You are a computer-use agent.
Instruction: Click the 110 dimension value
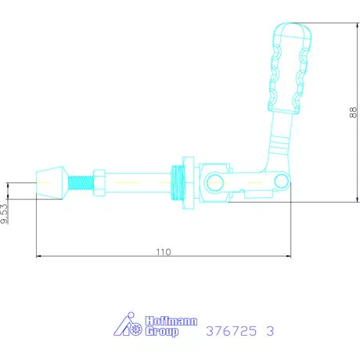tap(164, 252)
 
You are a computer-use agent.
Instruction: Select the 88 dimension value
tap(353, 113)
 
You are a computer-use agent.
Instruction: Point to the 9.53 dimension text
tap(5, 214)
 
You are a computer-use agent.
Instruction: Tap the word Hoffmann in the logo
tap(171, 321)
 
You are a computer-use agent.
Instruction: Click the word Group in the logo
tap(162, 332)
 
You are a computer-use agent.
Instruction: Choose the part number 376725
tap(231, 331)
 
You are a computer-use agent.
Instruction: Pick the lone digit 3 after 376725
tap(270, 331)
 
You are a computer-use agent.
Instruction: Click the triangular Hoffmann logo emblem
tap(128, 324)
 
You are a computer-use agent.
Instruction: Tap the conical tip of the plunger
tap(52, 182)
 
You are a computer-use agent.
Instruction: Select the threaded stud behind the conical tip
tap(81, 182)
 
